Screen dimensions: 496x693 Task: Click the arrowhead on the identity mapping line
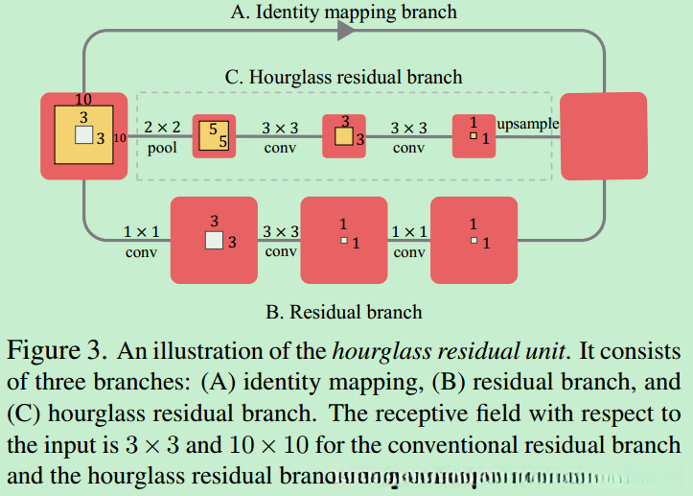click(x=346, y=31)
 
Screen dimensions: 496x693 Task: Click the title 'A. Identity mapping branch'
click(x=344, y=12)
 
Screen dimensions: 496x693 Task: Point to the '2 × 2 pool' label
click(x=162, y=137)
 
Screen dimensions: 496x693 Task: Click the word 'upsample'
click(x=527, y=125)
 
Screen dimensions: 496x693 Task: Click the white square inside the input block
click(x=84, y=136)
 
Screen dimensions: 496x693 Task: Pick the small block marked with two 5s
click(x=214, y=136)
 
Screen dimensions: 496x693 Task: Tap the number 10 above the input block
click(x=83, y=98)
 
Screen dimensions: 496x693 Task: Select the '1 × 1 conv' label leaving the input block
click(x=141, y=242)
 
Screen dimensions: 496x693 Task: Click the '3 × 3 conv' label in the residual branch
click(x=281, y=242)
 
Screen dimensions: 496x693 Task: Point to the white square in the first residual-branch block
click(x=214, y=240)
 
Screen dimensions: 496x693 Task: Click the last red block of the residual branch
click(x=474, y=240)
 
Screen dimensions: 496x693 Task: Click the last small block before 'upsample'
click(x=474, y=136)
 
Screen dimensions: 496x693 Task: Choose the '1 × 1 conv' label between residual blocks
click(x=409, y=242)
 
